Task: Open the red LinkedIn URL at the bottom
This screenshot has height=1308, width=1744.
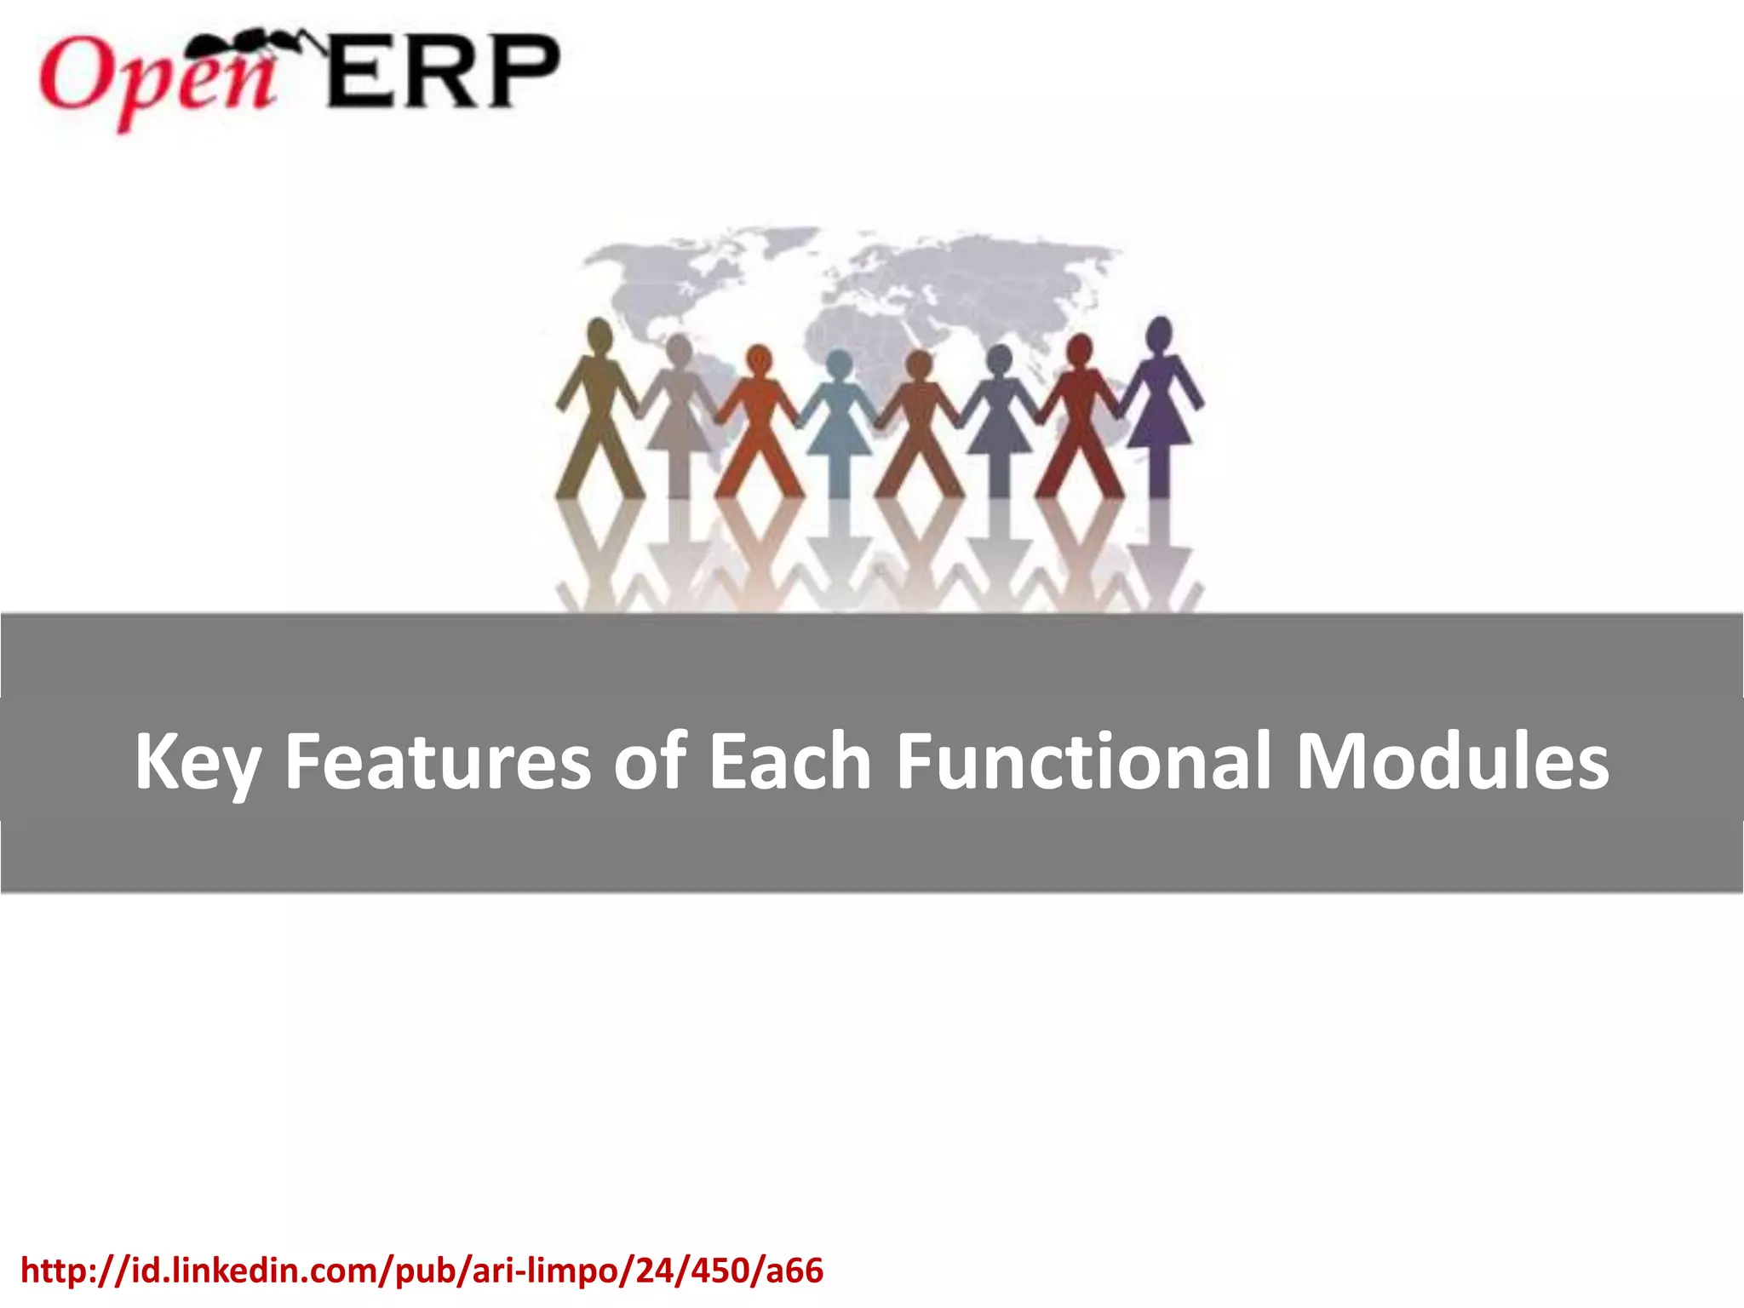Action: point(422,1271)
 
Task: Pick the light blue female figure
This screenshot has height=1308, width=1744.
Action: point(839,417)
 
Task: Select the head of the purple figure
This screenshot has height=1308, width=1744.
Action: point(1160,332)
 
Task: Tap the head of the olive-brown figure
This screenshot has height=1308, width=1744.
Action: point(599,334)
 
